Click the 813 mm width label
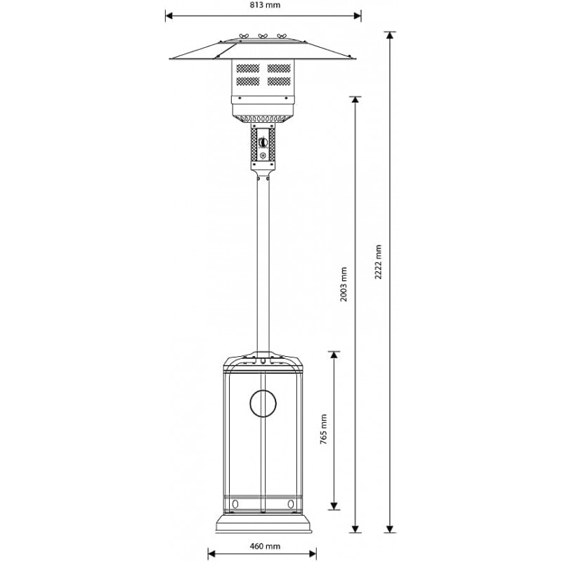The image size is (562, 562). click(266, 5)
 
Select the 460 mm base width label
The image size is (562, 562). click(265, 546)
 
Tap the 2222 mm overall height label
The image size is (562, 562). click(378, 262)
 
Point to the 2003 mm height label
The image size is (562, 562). click(344, 285)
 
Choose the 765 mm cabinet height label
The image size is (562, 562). click(323, 429)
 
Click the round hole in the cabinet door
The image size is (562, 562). click(263, 403)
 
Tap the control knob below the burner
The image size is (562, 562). click(263, 142)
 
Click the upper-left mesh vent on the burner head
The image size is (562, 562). click(248, 68)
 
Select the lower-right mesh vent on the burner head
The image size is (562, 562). click(279, 81)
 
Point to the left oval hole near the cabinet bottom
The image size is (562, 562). click(235, 504)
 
